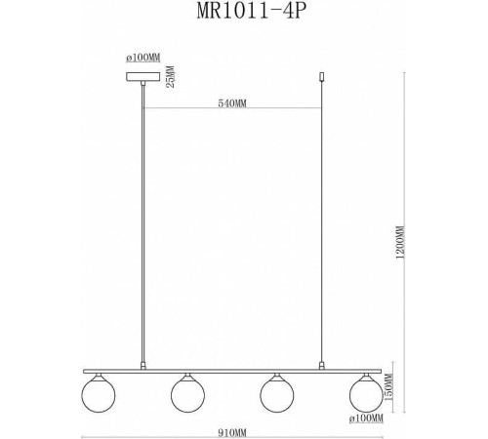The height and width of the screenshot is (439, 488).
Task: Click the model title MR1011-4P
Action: pos(244,15)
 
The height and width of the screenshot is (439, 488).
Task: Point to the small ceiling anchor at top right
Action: pos(323,76)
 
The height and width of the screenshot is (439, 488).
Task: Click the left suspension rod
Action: pos(143,224)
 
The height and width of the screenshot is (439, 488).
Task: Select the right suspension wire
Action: pos(323,224)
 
